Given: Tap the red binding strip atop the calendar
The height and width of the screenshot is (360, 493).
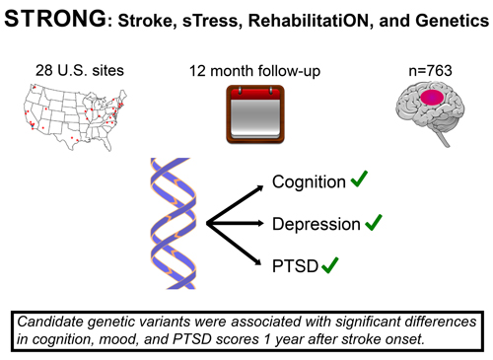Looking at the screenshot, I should click(x=243, y=91).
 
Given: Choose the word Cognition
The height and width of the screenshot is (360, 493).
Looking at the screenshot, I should click(x=307, y=183).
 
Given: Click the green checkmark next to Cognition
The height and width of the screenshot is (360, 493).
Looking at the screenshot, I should click(x=361, y=180).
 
